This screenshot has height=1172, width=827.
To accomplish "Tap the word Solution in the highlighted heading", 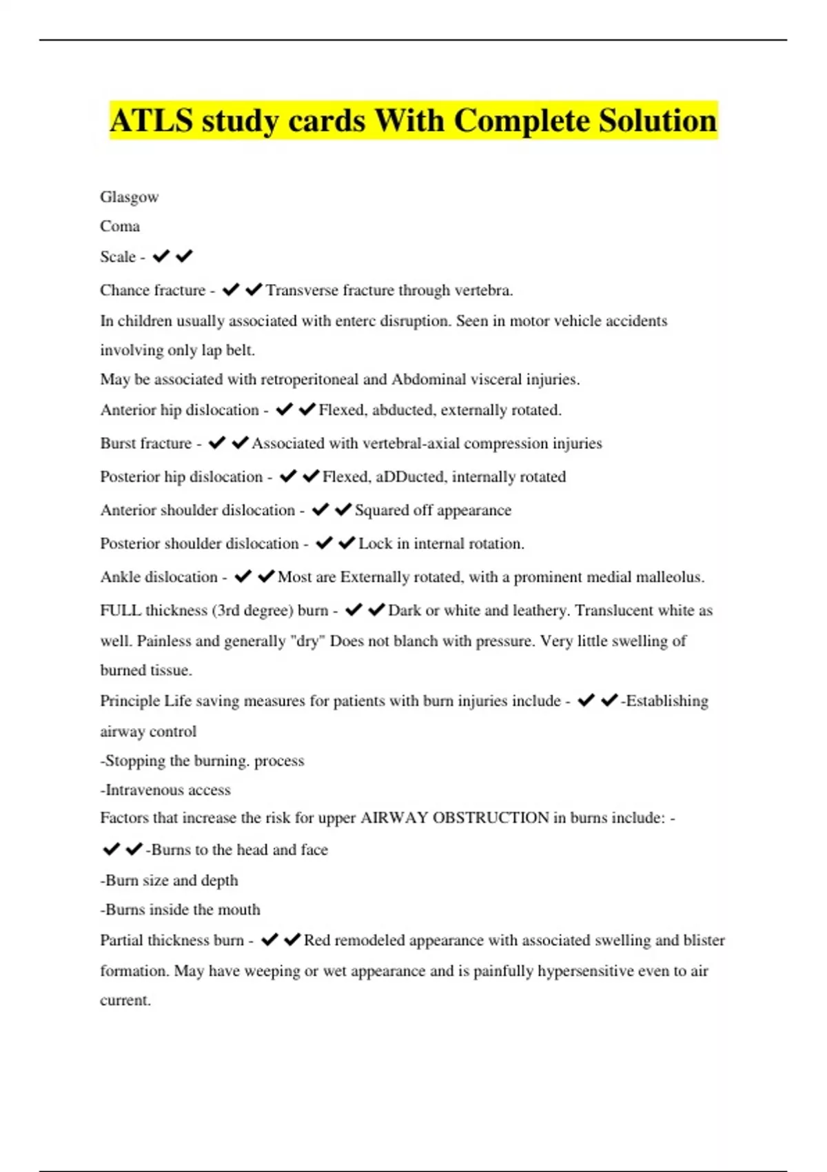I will [x=657, y=121].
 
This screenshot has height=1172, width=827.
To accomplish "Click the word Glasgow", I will [x=130, y=197].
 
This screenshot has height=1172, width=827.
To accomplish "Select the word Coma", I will [x=120, y=227].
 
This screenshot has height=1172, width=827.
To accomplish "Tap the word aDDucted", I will [x=410, y=477].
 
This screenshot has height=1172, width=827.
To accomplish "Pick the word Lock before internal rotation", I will [x=375, y=544].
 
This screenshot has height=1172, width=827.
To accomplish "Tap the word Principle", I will [x=130, y=701].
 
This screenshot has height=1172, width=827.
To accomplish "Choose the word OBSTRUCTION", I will [x=491, y=818].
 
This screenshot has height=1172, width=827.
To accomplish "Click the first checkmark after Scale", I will [x=161, y=256].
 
